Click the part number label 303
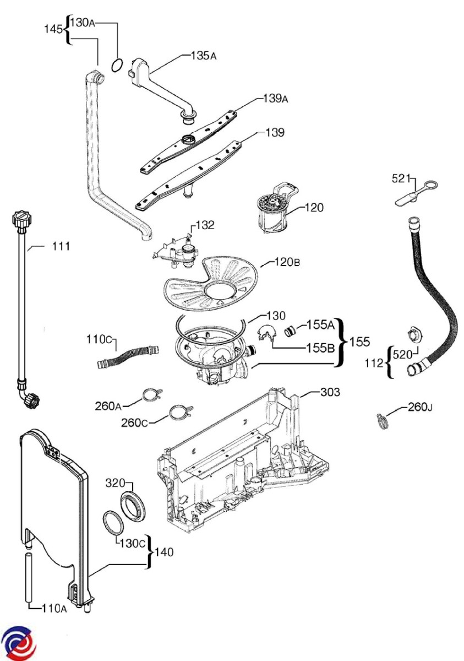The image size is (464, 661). [x=330, y=392]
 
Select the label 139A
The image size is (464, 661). [x=275, y=99]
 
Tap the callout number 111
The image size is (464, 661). [x=61, y=246]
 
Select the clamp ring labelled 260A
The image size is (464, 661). [x=151, y=395]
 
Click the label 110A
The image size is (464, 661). [x=54, y=608]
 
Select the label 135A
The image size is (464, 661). [x=204, y=56]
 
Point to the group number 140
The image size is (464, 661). [x=164, y=552]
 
